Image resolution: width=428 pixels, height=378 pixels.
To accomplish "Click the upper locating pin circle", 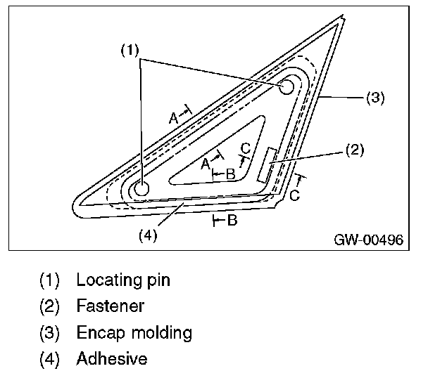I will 287,86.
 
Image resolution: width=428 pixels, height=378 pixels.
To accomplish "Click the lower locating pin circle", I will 141,188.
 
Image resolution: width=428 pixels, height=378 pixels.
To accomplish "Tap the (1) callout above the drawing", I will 130,50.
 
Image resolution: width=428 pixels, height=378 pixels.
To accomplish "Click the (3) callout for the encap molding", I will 375,98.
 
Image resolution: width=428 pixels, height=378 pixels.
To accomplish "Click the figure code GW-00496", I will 368,240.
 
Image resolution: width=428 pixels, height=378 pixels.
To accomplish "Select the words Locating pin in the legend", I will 123,280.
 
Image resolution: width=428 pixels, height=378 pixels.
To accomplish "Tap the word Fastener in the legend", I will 111,306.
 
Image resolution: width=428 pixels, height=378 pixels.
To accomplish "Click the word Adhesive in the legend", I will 112,358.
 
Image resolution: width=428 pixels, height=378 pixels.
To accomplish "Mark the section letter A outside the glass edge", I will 173,118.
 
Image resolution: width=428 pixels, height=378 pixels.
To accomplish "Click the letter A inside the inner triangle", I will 205,163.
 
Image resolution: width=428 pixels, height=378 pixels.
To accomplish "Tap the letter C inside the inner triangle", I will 244,148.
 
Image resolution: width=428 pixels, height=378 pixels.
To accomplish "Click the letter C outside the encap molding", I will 294,195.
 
